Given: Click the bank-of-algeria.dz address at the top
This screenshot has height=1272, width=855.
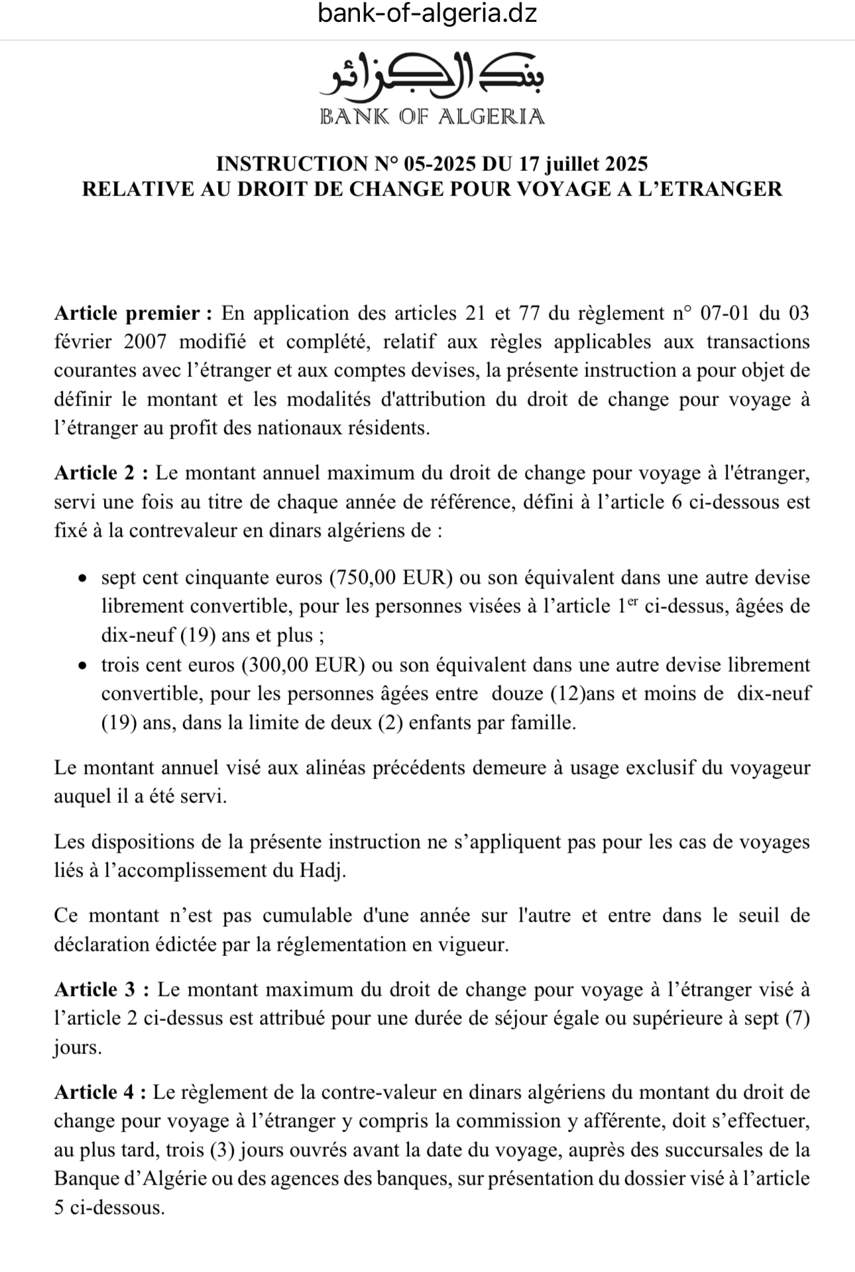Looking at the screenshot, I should coord(427,13).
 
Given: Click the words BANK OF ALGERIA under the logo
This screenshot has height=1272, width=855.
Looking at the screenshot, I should coord(431,117).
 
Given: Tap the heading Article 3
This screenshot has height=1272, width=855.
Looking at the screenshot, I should coord(102,990).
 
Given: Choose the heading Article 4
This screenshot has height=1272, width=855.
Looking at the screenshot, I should coord(102,1092).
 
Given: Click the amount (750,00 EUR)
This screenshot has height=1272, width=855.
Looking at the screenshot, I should coord(391,578).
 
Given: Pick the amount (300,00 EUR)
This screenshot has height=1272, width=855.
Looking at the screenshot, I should coord(304,665).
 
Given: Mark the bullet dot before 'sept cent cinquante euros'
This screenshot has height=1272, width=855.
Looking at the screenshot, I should coord(82,578).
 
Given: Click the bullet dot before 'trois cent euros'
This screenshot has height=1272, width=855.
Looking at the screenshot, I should coord(82,665).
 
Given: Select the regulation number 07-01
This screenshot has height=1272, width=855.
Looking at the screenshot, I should coord(728,313).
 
